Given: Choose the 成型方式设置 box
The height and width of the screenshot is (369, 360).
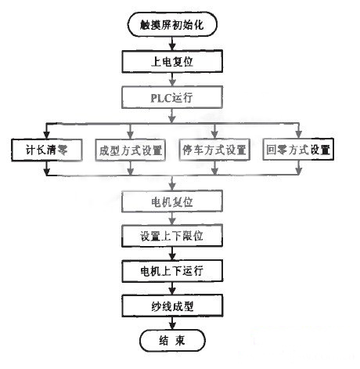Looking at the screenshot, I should tap(131, 149).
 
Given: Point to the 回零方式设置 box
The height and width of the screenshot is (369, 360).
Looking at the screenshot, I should tap(297, 149).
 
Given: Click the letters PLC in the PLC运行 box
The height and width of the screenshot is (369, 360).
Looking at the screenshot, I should tap(161, 98).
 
